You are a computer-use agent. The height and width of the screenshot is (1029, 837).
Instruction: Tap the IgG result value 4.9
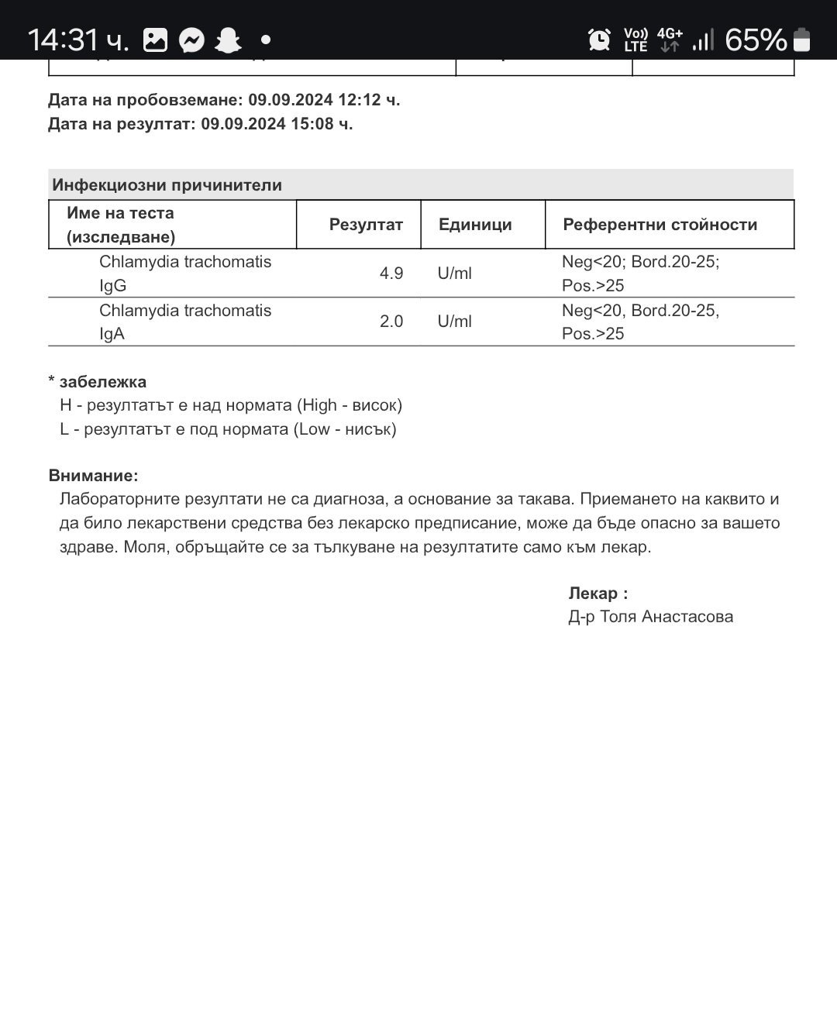point(391,274)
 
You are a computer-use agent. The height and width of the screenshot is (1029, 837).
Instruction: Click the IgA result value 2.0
point(391,322)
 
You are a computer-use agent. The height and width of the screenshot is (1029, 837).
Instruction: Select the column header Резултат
point(366,225)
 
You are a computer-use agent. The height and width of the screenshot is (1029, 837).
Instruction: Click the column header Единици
point(475,225)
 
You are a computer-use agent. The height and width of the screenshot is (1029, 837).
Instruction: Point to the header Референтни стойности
point(660,225)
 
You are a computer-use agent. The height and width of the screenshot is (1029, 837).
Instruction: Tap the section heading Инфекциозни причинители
point(167,185)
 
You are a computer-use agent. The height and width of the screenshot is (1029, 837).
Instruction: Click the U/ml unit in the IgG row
point(454,274)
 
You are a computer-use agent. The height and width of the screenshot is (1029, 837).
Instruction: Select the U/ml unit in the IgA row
point(454,322)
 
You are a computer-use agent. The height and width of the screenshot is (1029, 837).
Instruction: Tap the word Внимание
point(93,476)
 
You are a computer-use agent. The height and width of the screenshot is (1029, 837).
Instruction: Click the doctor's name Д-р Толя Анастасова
point(650,617)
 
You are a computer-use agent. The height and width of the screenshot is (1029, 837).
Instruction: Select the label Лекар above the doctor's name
point(594,594)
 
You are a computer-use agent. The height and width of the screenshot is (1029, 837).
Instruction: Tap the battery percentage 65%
point(756,40)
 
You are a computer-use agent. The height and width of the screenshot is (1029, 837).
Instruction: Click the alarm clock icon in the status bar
point(599,40)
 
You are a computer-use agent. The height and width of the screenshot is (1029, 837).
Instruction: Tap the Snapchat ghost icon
point(228,40)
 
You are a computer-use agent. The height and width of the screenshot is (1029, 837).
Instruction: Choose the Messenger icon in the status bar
point(191,40)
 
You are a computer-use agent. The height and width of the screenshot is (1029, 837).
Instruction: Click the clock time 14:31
point(64,40)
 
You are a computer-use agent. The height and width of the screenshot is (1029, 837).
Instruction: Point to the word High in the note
point(319,405)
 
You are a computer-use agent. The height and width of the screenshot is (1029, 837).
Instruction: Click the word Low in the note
point(314,429)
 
